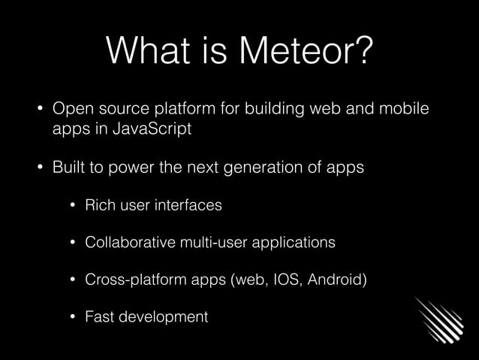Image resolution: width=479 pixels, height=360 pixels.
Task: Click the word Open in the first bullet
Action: point(70,109)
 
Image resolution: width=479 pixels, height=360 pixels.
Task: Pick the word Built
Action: point(68,167)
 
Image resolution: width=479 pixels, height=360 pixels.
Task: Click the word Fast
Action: point(101,317)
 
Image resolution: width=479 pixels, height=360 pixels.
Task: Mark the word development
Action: point(164,317)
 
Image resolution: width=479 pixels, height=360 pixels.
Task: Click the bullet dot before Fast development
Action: point(74,317)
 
